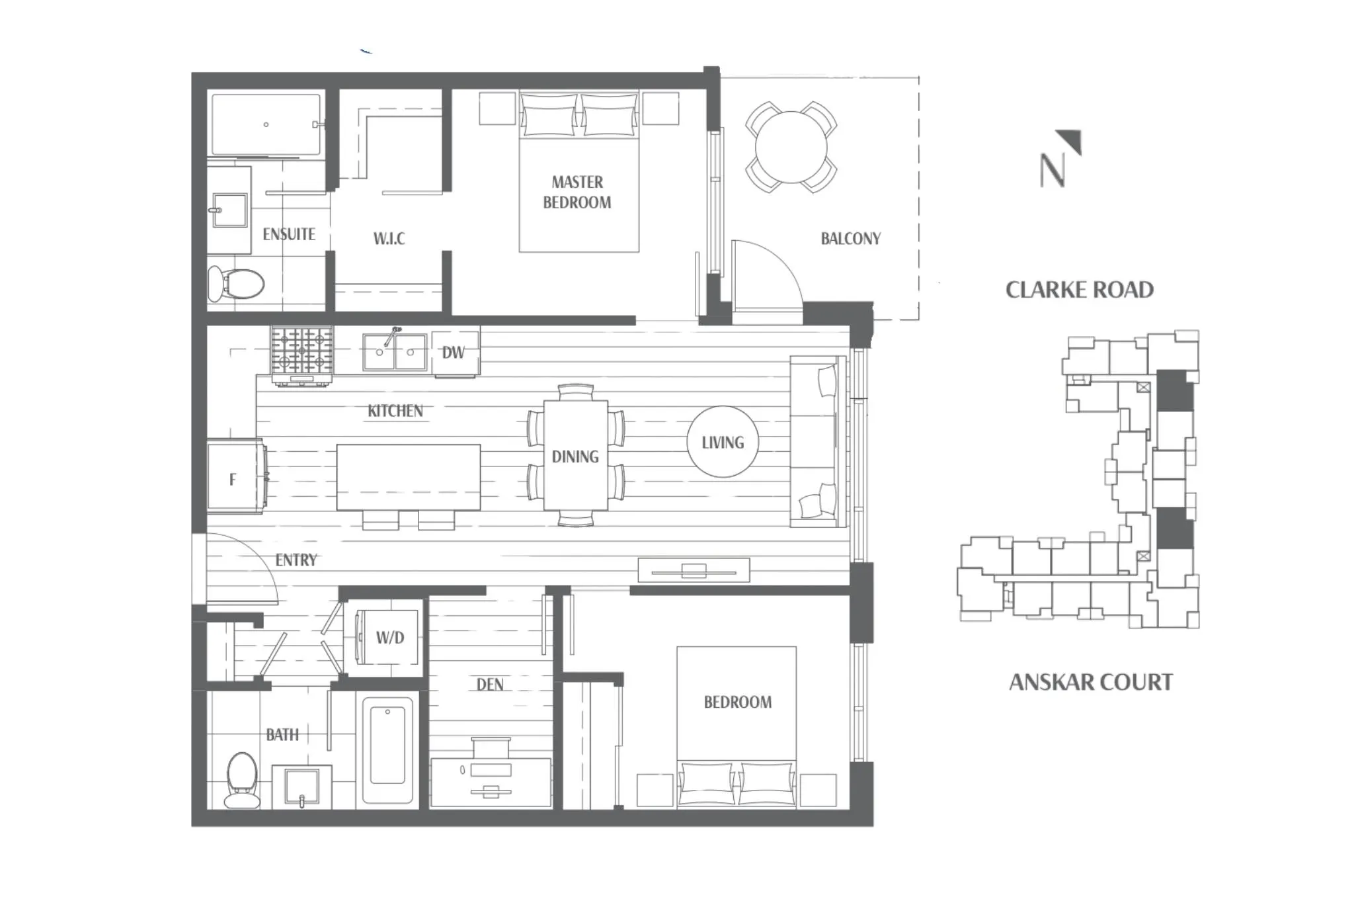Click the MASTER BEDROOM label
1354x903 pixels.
577,192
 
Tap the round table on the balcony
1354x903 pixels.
791,147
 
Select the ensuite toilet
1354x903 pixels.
237,284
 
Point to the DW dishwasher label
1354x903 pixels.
454,353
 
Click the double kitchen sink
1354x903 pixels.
395,352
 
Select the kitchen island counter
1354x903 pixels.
408,477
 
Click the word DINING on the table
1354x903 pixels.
575,456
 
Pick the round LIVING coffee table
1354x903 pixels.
723,442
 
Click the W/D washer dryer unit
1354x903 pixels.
389,638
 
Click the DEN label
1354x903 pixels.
490,684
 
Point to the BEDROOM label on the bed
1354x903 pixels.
737,702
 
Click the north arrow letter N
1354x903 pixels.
1053,170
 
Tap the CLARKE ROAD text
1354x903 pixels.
1079,290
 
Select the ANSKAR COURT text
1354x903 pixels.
1090,682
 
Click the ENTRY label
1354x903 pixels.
296,560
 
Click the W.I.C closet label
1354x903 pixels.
389,238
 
